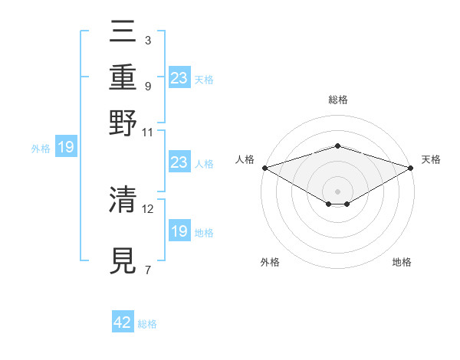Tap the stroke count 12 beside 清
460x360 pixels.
148,208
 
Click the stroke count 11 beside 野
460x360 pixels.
148,131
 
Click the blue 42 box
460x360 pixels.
123,322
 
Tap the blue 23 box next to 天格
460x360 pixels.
179,78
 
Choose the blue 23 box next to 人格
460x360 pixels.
179,162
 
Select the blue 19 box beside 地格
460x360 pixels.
179,231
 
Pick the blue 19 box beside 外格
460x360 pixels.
66,147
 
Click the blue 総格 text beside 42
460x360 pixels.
147,324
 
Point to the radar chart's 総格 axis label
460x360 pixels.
338,100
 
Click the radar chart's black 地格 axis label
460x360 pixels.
402,262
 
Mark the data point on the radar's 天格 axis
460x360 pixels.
412,168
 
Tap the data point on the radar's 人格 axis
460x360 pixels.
264,168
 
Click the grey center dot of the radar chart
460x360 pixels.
338,191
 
